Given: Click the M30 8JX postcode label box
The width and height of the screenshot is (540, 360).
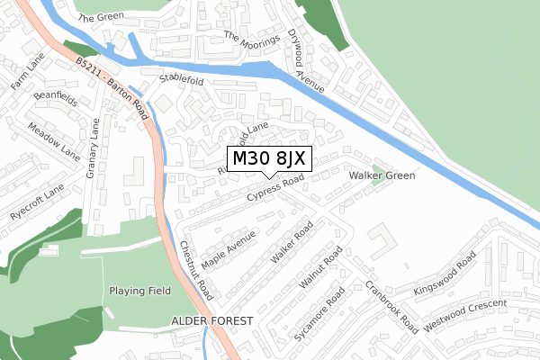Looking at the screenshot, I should [x=270, y=159].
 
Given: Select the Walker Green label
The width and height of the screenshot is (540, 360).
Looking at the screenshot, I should [x=382, y=175].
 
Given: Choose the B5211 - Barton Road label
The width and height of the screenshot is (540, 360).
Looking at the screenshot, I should [x=112, y=83].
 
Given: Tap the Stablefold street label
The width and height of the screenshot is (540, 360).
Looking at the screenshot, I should [x=182, y=80].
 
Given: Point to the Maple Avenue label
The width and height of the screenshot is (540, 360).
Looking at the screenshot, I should [x=229, y=249].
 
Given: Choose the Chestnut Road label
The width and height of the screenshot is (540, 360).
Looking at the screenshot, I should [x=194, y=270].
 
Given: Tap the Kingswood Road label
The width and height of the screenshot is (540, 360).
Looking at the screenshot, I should [x=444, y=278].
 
